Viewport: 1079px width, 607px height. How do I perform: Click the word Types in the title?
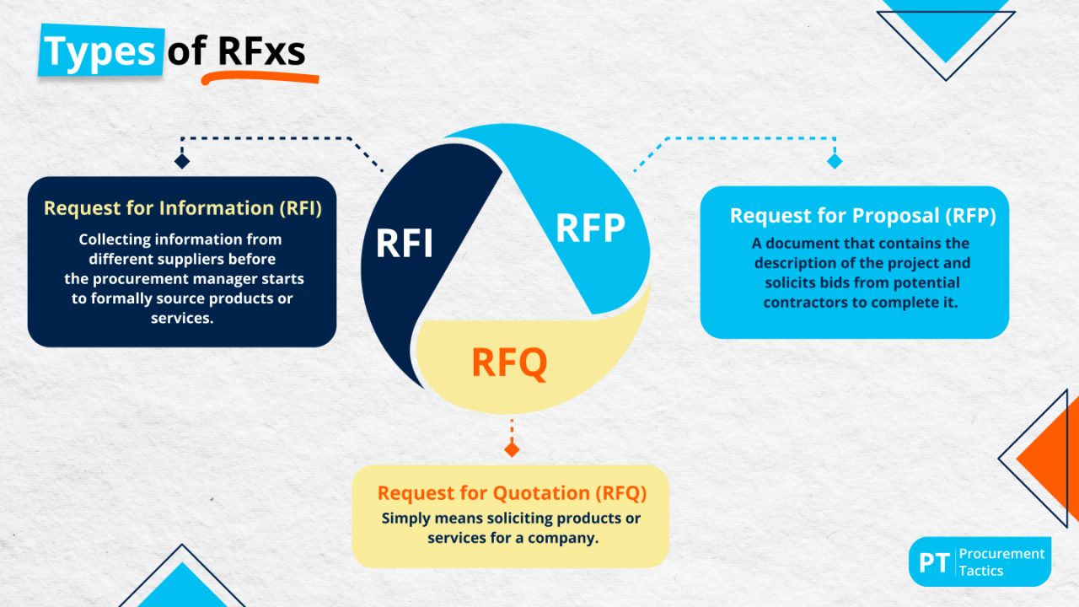coord(99,51)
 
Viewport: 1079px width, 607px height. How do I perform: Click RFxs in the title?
coord(261,51)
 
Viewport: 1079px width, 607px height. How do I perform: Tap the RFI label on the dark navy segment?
coord(405,243)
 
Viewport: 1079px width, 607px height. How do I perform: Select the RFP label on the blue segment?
coord(590,227)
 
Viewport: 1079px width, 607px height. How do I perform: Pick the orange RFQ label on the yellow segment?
coord(509,363)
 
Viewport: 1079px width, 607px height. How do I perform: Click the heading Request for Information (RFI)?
coord(183,208)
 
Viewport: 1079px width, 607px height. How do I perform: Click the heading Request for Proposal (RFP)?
coord(862,216)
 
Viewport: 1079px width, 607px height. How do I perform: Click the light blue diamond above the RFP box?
coord(835,161)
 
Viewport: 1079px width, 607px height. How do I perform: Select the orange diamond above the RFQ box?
coord(512,449)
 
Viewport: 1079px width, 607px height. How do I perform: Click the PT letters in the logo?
coord(934,562)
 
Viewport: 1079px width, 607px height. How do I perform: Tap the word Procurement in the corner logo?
coord(1002,554)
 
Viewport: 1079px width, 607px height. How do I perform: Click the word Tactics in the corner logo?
coord(981,572)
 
